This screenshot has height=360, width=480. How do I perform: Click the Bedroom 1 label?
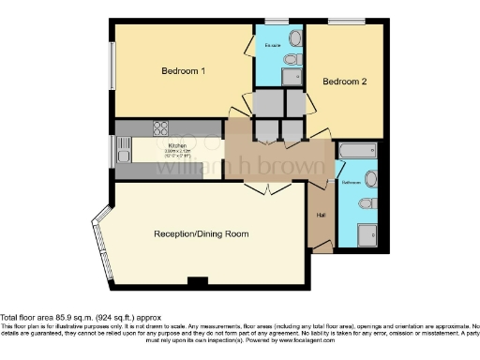[x=183, y=70]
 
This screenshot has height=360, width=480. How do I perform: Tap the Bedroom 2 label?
[x=344, y=82]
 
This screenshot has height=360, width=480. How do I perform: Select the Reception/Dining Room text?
[x=202, y=232]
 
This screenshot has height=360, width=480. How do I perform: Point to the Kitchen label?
[x=177, y=146]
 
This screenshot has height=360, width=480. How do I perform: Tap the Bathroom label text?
[x=351, y=181]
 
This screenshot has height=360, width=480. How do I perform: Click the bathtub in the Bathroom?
[x=356, y=150]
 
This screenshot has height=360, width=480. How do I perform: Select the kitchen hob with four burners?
[x=160, y=128]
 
